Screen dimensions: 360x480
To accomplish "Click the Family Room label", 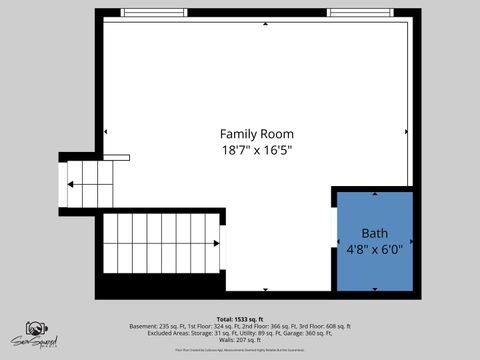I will pyautogui.click(x=257, y=134).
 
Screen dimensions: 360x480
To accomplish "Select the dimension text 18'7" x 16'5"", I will pyautogui.click(x=257, y=150).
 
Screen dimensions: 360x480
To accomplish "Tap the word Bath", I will pyautogui.click(x=360, y=232).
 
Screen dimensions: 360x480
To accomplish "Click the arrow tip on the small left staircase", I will pyautogui.click(x=70, y=184).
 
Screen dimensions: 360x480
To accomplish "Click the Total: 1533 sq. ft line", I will pyautogui.click(x=240, y=318).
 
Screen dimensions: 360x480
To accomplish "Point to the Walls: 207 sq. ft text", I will pyautogui.click(x=240, y=341).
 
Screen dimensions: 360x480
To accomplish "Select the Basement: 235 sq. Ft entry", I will pyautogui.click(x=159, y=326).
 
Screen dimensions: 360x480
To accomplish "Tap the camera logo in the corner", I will pyautogui.click(x=36, y=331).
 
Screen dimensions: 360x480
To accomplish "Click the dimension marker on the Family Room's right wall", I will pyautogui.click(x=406, y=131).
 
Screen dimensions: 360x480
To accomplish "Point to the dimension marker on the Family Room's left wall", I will pyautogui.click(x=105, y=131).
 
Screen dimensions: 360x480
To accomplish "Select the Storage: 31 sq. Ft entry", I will pyautogui.click(x=200, y=334).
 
